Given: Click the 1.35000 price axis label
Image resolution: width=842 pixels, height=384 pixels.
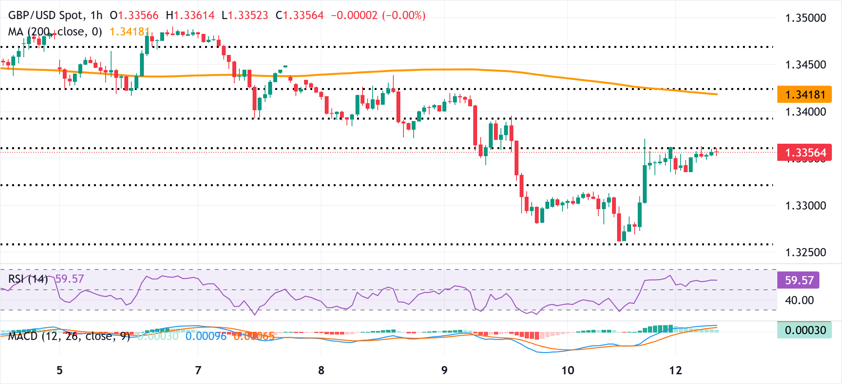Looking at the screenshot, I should pos(805,18).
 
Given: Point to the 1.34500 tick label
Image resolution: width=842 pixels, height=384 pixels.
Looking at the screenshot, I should pos(805,65).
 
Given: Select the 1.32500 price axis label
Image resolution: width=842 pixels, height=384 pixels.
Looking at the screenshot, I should pos(805,252).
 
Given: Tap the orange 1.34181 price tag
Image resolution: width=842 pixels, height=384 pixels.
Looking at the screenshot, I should pos(804,95).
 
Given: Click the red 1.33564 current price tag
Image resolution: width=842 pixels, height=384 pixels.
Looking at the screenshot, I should pos(804,152).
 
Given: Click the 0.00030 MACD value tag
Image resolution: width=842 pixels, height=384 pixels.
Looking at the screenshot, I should pos(804,330).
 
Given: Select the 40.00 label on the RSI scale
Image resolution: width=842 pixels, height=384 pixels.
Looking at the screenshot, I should pos(799,300).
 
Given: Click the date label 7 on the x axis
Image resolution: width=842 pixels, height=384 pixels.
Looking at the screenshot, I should pos(198,370).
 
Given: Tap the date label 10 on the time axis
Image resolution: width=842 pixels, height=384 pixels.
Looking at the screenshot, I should pos(568,370).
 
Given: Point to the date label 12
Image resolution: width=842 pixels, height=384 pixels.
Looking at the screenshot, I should pos(676,370).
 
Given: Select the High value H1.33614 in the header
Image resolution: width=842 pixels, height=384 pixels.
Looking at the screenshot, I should pos(190,15).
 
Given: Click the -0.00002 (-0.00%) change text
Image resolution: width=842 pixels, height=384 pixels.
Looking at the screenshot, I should pos(378,15).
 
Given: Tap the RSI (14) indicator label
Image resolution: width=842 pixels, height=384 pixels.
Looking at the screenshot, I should pos(28,279).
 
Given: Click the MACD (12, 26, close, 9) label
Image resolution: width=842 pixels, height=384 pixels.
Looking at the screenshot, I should pos(69,336).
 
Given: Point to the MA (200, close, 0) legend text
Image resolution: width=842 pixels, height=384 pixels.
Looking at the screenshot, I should pos(55,32).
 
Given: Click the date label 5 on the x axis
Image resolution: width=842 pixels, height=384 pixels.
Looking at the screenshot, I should pos(59,370).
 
